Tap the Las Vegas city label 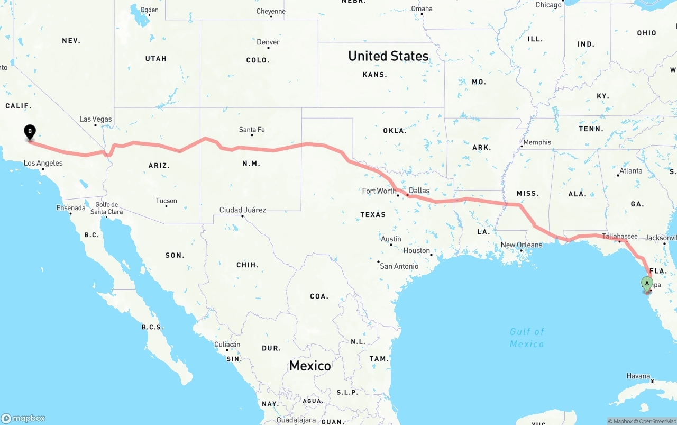click(x=96, y=119)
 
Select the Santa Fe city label click(x=252, y=130)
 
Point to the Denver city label click(x=268, y=42)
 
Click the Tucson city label click(x=167, y=201)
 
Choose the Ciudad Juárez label click(x=243, y=210)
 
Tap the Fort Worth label click(x=379, y=191)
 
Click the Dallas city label click(x=419, y=191)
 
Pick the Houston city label click(x=417, y=251)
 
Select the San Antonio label click(x=399, y=266)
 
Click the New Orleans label click(x=522, y=245)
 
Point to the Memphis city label click(x=537, y=142)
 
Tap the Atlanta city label click(x=631, y=171)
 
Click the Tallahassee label click(x=620, y=236)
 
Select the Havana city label click(x=638, y=376)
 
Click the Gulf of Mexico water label click(x=527, y=338)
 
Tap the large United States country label click(x=388, y=56)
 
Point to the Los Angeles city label click(x=43, y=163)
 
